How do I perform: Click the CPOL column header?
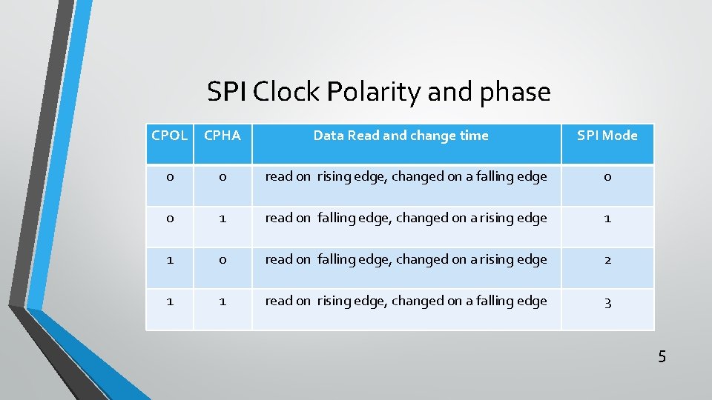169,136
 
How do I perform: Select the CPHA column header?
222,136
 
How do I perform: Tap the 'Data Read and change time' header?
400,136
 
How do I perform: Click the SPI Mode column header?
607,136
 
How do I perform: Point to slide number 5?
662,357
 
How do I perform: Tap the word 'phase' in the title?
515,93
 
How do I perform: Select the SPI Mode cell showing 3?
607,301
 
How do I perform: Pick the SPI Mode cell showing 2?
607,260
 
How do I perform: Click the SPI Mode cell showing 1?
607,219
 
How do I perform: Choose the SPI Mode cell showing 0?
607,177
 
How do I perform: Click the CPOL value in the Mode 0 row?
169,177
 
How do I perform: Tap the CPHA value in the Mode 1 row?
222,219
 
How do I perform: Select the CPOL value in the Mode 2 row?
169,260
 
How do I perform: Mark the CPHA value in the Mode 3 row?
222,301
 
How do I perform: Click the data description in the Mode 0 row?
406,177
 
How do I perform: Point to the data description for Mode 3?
406,301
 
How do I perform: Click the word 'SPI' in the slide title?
228,93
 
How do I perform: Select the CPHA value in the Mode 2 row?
222,260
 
